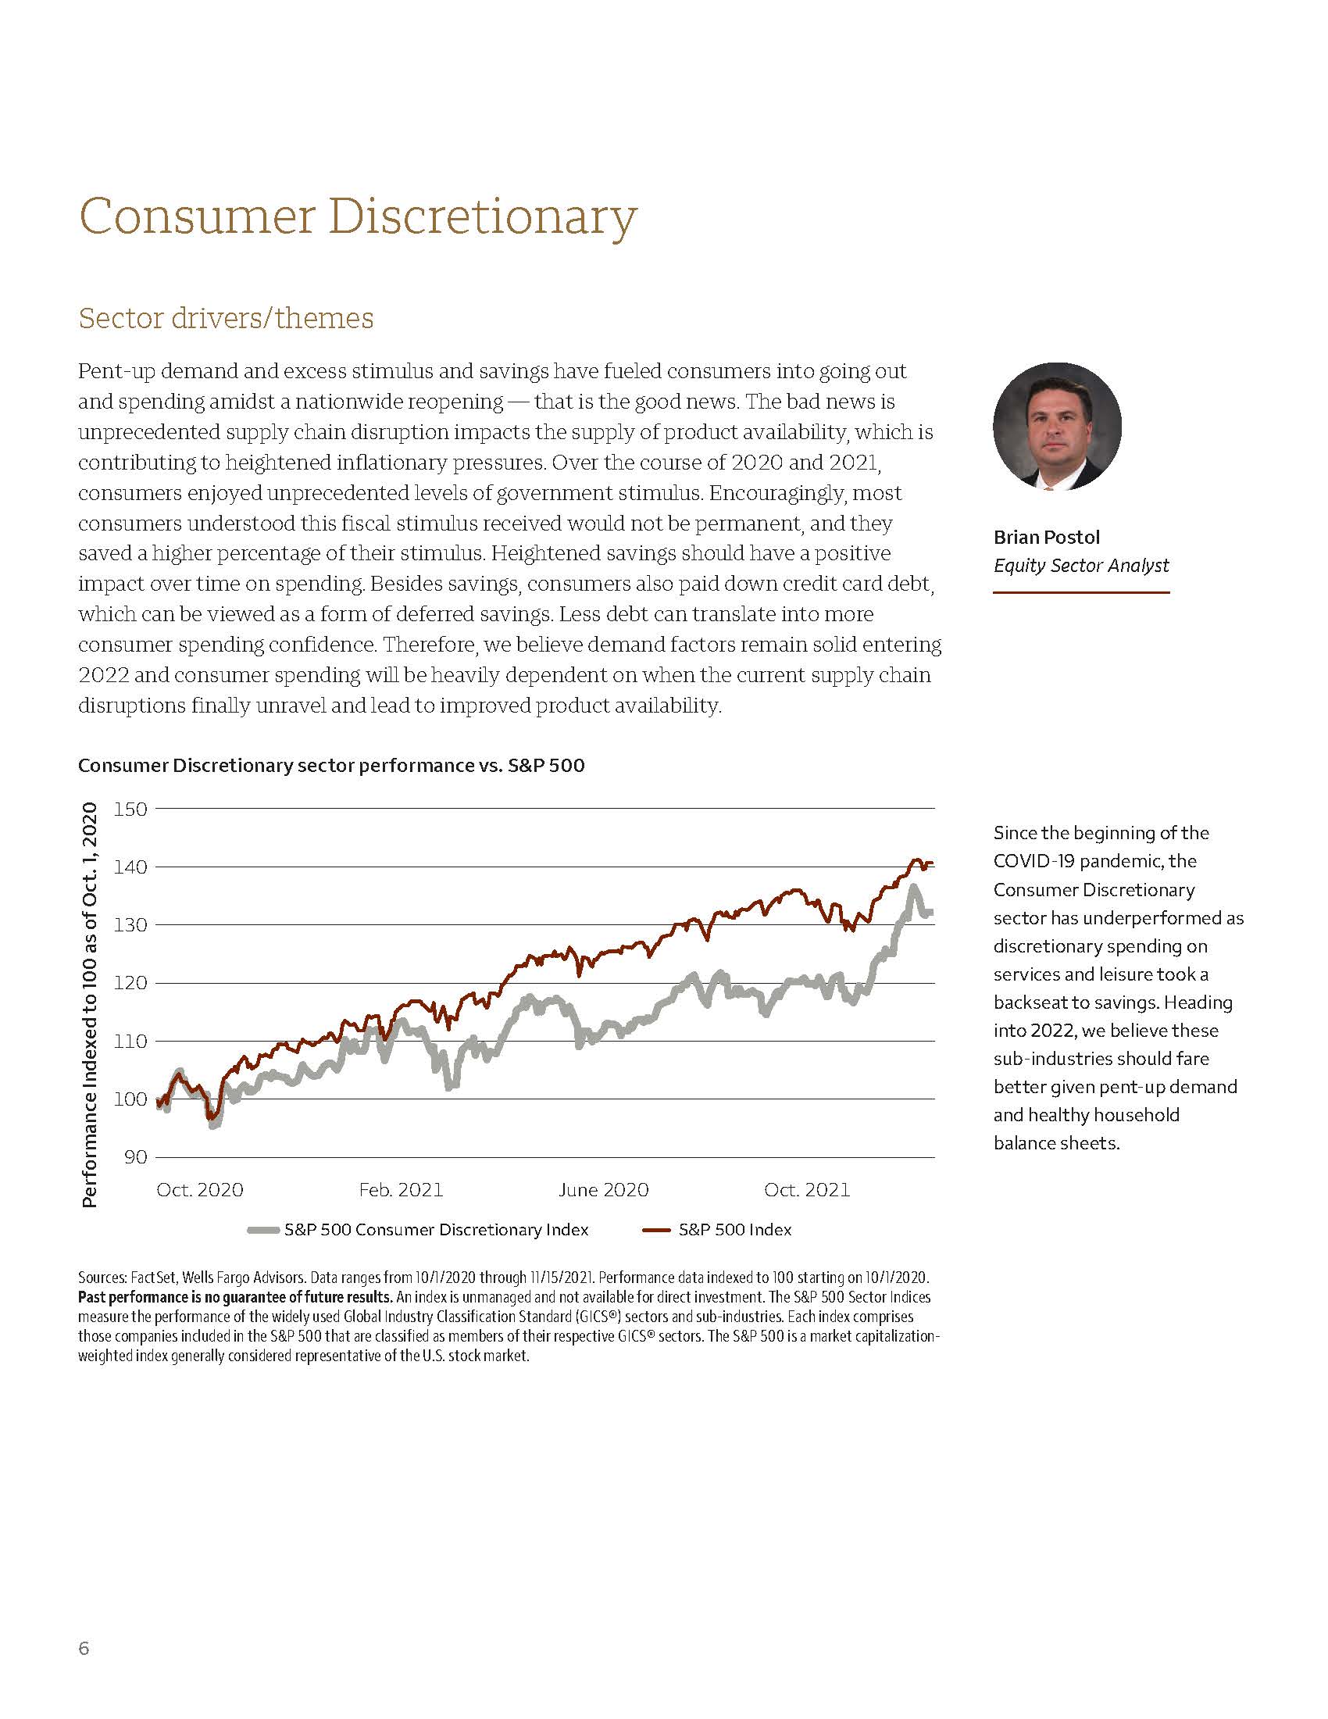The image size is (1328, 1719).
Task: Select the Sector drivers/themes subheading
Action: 226,318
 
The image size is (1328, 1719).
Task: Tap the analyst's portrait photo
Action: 1057,427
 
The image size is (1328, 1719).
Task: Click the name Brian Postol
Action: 1045,537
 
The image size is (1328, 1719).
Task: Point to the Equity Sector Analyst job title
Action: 1080,565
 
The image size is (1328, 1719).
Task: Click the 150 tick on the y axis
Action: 130,809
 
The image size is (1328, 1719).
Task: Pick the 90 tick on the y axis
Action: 136,1157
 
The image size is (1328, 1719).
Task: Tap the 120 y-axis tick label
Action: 130,983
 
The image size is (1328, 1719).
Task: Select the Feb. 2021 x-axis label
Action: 401,1189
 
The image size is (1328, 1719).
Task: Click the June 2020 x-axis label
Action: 603,1189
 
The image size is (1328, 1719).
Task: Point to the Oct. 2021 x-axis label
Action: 806,1189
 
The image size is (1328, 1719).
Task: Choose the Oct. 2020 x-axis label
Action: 200,1189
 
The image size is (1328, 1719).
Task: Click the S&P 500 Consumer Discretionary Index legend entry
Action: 436,1229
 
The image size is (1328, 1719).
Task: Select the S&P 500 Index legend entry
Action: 735,1229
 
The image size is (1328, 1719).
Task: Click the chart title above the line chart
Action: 331,765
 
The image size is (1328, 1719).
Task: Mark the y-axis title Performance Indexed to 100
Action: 90,1004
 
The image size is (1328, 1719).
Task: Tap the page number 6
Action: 84,1648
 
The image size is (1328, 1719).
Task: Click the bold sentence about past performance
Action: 234,1296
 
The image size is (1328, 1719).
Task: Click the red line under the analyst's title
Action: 1080,592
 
